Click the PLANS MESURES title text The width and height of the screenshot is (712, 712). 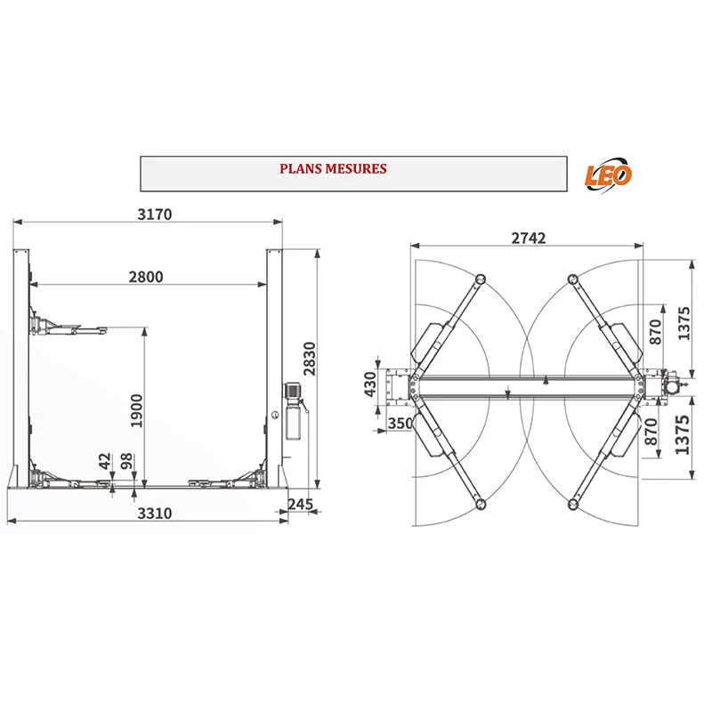click(x=333, y=169)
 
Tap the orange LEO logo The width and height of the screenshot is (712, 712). click(x=608, y=175)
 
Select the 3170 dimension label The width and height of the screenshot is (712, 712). click(x=154, y=214)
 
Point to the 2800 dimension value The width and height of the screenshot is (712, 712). click(x=145, y=277)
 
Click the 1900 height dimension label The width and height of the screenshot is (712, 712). click(x=137, y=411)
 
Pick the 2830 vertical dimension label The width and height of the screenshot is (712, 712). click(x=309, y=359)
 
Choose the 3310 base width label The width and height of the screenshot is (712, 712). click(x=154, y=514)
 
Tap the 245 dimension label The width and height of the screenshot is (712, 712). click(x=300, y=504)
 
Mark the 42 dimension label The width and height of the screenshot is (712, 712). click(x=105, y=461)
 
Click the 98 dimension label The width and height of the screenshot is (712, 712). click(x=126, y=461)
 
